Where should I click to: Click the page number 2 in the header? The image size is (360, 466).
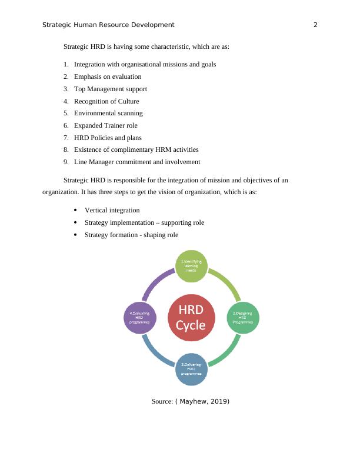tap(315, 25)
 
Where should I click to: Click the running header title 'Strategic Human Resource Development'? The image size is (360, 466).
tap(109, 25)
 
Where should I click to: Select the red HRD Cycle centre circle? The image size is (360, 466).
tap(192, 318)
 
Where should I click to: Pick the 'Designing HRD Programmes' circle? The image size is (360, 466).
tap(243, 318)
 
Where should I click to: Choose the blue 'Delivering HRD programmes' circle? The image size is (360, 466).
tap(192, 370)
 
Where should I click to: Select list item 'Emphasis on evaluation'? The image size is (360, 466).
tap(108, 76)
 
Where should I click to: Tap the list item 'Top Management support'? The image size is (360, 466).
tap(111, 89)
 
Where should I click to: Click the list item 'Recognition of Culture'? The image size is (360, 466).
tap(106, 101)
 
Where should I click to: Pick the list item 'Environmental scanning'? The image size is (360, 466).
tap(108, 113)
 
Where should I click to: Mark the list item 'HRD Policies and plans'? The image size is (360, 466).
tap(108, 138)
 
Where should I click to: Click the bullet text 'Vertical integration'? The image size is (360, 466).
tap(112, 210)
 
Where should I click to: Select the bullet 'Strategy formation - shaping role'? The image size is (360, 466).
tap(131, 235)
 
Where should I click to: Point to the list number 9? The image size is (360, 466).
tap(66, 162)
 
